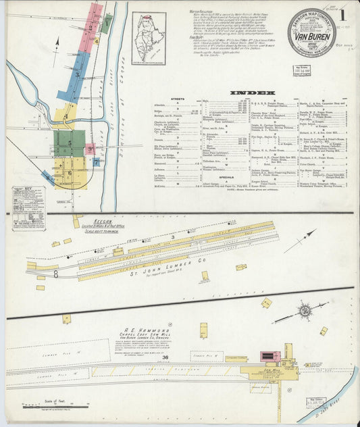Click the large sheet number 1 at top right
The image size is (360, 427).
point(343,15)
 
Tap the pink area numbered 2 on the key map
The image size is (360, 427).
point(91,28)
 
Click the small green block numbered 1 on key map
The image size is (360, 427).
point(107,23)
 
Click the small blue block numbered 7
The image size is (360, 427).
point(97,162)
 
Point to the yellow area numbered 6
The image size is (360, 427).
point(70,173)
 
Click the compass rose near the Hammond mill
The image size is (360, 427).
point(304,311)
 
